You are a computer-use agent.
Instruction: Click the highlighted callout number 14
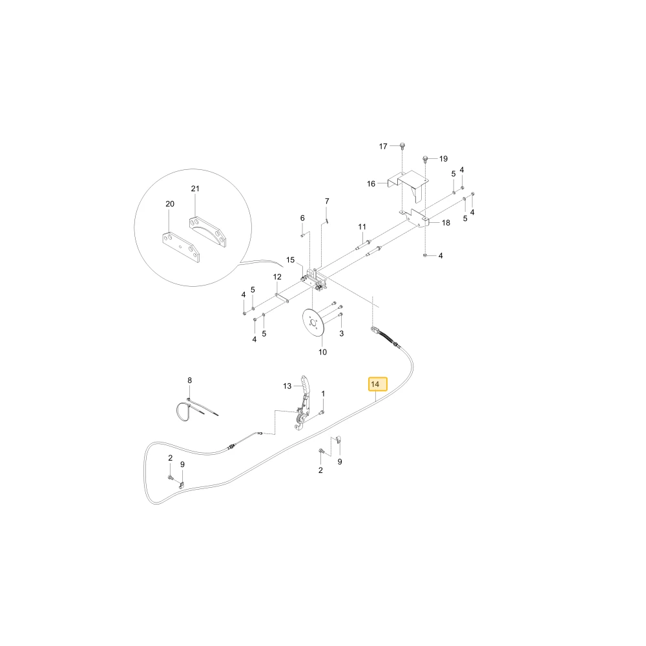tap(375, 384)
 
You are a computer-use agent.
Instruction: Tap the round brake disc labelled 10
tap(313, 323)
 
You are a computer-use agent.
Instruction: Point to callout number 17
tap(383, 146)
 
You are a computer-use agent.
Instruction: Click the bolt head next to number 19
tap(426, 158)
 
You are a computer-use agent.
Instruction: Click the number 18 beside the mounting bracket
tap(446, 223)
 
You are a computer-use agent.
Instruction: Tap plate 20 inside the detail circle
tap(181, 248)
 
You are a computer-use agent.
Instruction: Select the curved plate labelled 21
tap(207, 232)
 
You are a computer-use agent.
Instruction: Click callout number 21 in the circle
tap(195, 189)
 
